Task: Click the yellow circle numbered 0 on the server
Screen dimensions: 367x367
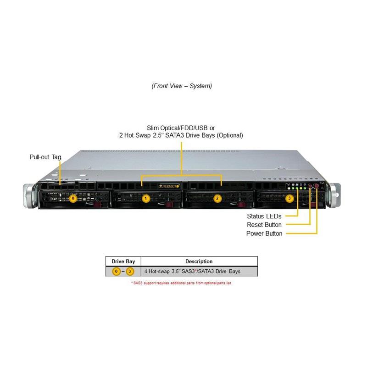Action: [x=72, y=198]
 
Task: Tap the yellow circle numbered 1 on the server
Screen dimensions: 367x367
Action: [x=146, y=198]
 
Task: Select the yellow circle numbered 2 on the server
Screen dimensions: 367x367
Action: [x=217, y=198]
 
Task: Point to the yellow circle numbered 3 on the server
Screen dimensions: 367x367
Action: [x=289, y=198]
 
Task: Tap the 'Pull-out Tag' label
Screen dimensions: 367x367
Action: [x=45, y=157]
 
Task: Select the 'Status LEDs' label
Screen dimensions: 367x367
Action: [x=264, y=216]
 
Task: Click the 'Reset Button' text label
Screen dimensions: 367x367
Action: [x=264, y=225]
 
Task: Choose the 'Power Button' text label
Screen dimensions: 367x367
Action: [x=264, y=234]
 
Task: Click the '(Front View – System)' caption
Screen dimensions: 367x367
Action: [x=182, y=86]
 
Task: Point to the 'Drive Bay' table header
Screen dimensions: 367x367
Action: [x=123, y=261]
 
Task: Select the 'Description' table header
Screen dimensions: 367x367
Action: [x=199, y=261]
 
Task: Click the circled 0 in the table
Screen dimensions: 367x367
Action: [x=117, y=272]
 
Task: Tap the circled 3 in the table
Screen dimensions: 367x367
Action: [x=130, y=272]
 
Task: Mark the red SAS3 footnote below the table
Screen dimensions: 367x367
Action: [x=181, y=283]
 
